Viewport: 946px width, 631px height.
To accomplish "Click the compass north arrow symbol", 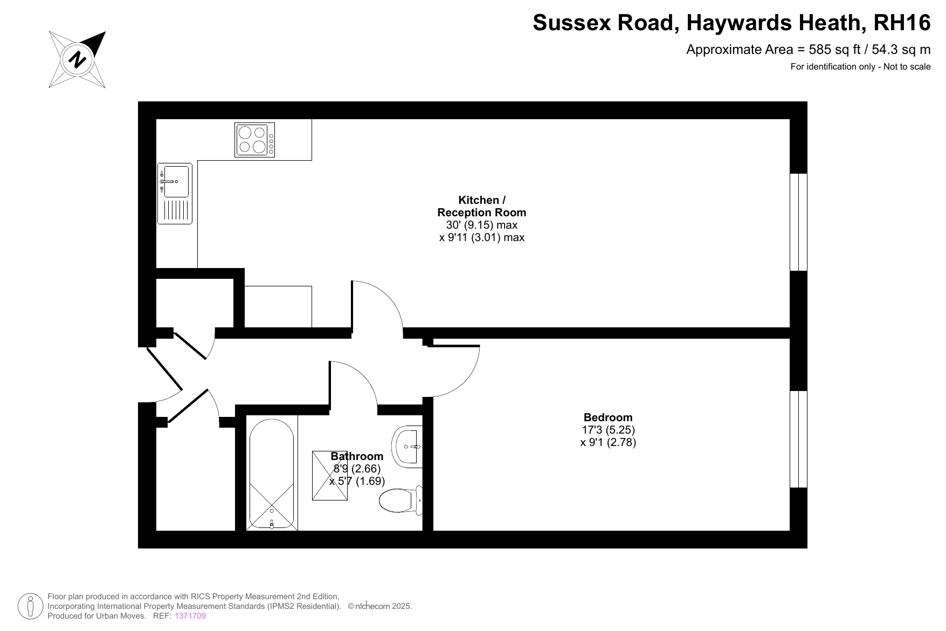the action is point(78,59).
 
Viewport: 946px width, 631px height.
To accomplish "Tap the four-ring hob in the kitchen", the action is point(254,140).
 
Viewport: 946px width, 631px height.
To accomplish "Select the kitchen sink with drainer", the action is point(175,194).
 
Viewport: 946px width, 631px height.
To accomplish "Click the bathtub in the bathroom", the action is point(272,473).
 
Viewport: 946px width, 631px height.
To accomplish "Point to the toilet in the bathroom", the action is point(401,501).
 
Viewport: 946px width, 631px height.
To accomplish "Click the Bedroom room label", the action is point(608,417).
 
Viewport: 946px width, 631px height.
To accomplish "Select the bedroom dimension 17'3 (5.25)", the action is point(608,430).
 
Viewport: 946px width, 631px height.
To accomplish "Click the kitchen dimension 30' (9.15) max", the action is point(482,225).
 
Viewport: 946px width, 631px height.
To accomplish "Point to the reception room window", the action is point(799,222).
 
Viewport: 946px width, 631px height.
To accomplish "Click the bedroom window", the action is point(799,439).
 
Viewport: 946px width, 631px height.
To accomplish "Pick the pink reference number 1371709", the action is point(190,616).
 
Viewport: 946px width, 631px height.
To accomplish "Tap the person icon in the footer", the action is point(31,606).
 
